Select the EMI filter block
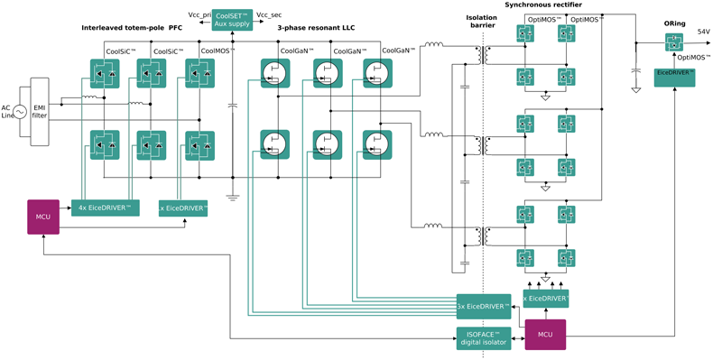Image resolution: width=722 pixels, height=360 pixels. [40, 111]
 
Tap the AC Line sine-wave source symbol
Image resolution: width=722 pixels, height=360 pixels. [17, 113]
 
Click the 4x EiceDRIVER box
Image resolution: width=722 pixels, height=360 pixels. [106, 208]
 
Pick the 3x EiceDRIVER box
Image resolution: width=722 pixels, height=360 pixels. [483, 307]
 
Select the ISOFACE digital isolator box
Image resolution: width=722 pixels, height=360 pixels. [483, 338]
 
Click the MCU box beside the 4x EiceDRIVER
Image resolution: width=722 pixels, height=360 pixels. [43, 217]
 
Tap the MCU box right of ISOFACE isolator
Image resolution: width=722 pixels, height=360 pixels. [545, 335]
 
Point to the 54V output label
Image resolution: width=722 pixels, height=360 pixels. [703, 32]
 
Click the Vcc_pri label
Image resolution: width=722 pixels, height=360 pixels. [199, 15]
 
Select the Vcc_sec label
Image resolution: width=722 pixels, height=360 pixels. [269, 15]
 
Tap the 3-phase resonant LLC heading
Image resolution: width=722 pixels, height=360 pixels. [316, 28]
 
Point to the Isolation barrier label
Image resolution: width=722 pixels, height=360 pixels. [481, 22]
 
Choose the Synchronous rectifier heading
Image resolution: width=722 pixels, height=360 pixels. [543, 5]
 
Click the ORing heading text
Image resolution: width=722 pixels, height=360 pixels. [674, 23]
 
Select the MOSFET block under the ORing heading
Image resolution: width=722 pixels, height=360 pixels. [674, 42]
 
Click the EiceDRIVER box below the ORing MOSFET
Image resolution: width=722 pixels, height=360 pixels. [674, 78]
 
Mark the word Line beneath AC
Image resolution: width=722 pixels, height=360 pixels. [8, 115]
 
